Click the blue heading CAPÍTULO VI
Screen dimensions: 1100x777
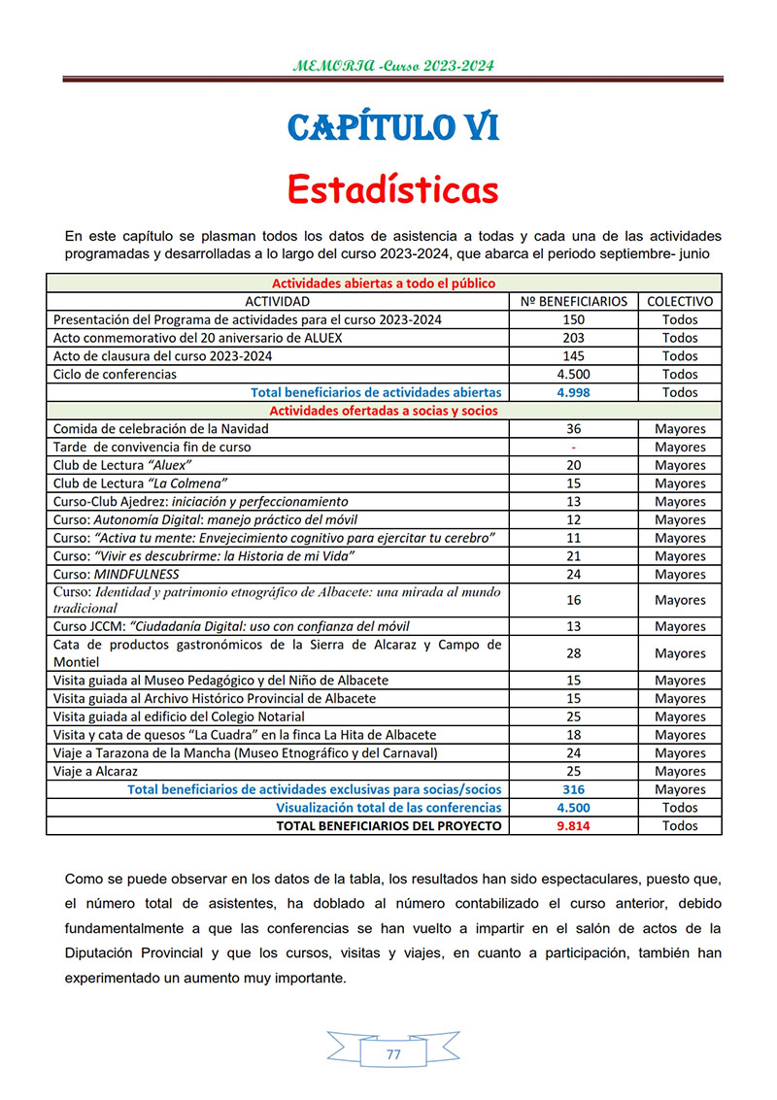pos(393,127)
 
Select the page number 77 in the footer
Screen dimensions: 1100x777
pos(392,1055)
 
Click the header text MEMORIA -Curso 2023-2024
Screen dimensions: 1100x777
pos(393,66)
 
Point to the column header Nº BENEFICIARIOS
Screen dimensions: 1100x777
pos(574,302)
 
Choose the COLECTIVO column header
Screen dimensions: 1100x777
pos(680,302)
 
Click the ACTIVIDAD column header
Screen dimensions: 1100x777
pos(278,302)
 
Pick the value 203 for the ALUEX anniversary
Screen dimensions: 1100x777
pos(574,338)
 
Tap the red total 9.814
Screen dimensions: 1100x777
pos(574,826)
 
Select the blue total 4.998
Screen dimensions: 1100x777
pos(574,392)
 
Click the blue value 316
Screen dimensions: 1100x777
pos(574,789)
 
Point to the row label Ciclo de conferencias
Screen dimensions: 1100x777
pos(115,375)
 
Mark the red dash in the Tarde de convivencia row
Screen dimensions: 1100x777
pos(574,448)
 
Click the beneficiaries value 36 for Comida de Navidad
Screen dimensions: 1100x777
pos(574,429)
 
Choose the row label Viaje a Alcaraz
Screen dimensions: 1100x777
pos(95,771)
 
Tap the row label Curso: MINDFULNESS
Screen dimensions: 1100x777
pos(117,575)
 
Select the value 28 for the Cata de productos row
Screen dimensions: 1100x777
pos(574,653)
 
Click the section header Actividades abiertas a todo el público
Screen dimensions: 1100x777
pos(384,283)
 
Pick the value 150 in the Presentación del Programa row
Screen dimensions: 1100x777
pos(574,319)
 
